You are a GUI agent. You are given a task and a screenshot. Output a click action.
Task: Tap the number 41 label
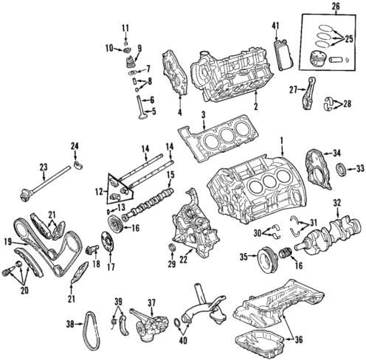(x=276, y=27)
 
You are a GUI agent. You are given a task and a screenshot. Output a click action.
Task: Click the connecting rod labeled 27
(x=307, y=94)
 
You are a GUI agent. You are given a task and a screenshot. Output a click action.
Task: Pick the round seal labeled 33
(x=341, y=171)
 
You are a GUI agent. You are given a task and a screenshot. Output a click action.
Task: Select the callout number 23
(x=43, y=167)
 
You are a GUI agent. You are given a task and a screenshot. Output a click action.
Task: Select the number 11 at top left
(x=125, y=28)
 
